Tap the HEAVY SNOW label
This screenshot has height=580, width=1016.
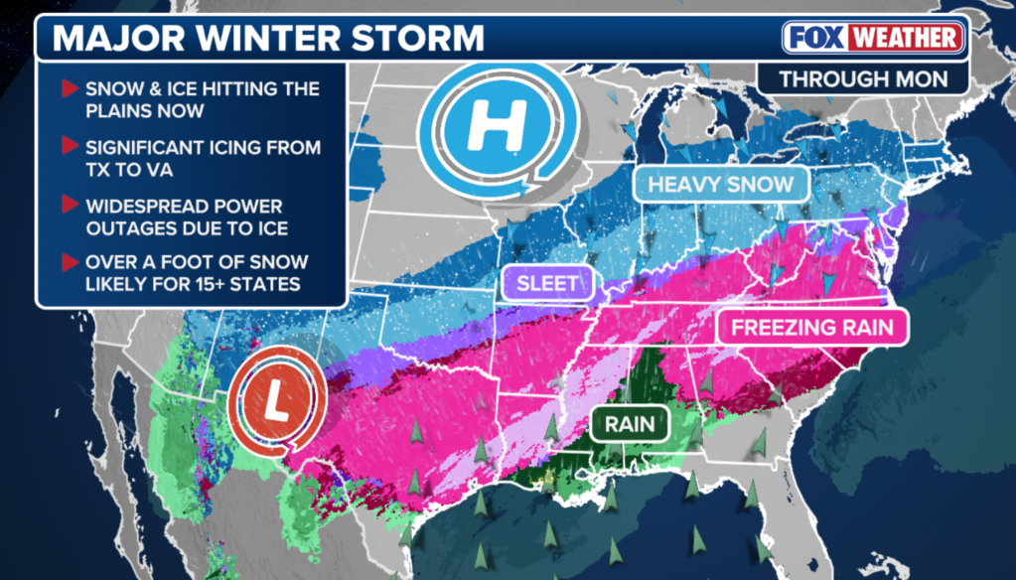tap(720, 184)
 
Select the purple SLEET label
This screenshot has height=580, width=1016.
tap(547, 283)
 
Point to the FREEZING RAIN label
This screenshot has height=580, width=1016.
tap(812, 328)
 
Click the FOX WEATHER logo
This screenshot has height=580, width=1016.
tap(873, 39)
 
